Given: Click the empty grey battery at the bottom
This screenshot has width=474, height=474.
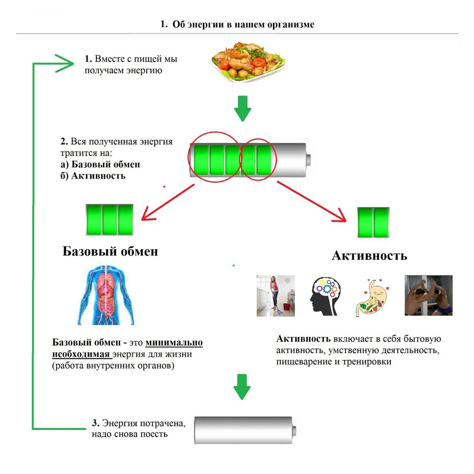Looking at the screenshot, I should pyautogui.click(x=245, y=430).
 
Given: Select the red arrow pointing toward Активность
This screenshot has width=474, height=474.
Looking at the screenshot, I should pyautogui.click(x=312, y=202).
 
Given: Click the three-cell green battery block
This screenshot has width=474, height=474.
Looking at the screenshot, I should pyautogui.click(x=109, y=220).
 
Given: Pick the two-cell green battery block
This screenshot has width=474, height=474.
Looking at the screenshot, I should pyautogui.click(x=373, y=222).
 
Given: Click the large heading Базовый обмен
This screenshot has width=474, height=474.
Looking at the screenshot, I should pyautogui.click(x=110, y=252).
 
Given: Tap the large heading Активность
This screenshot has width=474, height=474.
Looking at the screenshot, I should pyautogui.click(x=369, y=256).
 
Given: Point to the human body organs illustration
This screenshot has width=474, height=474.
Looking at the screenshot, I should pyautogui.click(x=106, y=295).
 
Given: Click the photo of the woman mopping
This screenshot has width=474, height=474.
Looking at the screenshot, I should pyautogui.click(x=275, y=296).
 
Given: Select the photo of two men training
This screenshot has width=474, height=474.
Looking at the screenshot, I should pyautogui.click(x=429, y=295).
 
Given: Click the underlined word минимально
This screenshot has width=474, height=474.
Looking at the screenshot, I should pyautogui.click(x=174, y=342).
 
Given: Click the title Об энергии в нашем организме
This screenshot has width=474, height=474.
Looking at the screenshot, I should pyautogui.click(x=243, y=24).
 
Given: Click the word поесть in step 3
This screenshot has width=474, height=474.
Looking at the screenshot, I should pyautogui.click(x=154, y=434).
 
